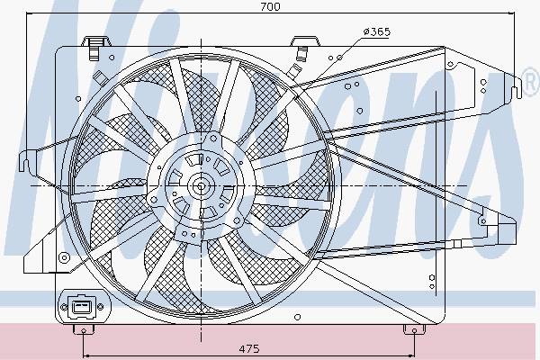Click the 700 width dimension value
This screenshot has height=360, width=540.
point(270,6)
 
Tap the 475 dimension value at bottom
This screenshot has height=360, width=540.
point(249,348)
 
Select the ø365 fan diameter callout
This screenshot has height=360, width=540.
point(377,32)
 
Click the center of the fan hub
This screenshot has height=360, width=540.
point(201,186)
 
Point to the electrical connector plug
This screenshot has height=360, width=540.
point(81,306)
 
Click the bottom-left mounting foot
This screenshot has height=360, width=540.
point(84,330)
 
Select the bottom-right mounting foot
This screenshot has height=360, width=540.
point(414,330)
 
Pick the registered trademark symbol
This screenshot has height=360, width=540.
point(531,83)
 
